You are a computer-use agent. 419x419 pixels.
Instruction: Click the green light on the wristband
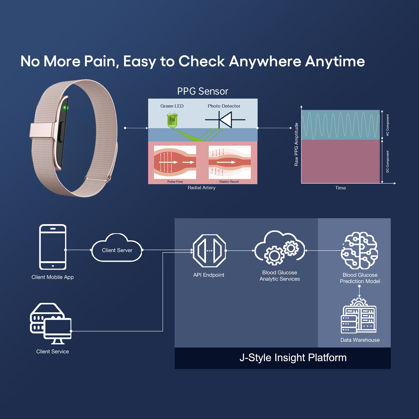point(65,107)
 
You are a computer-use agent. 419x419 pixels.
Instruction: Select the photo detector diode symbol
point(225,120)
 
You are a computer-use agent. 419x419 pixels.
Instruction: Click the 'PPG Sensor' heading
point(203,91)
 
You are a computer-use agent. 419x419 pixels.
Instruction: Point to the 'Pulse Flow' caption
point(175,181)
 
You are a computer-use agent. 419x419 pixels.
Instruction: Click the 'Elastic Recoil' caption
point(229,181)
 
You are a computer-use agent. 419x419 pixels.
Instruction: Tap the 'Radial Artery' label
point(202,188)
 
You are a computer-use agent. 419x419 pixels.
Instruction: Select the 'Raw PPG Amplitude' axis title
point(296,144)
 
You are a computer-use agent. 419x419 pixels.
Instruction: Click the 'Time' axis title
point(340,188)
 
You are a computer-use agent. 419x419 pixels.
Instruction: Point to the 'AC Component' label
point(388,125)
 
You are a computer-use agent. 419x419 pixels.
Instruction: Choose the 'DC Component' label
point(388,162)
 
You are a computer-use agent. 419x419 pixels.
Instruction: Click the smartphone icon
point(53,247)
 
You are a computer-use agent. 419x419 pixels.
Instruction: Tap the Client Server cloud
point(117,248)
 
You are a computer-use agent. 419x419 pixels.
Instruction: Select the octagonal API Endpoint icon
point(209,251)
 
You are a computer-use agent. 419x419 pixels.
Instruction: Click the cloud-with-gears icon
point(280,247)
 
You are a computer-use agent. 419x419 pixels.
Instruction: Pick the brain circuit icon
point(359,251)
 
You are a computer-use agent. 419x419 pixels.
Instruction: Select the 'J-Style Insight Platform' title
point(293,358)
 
